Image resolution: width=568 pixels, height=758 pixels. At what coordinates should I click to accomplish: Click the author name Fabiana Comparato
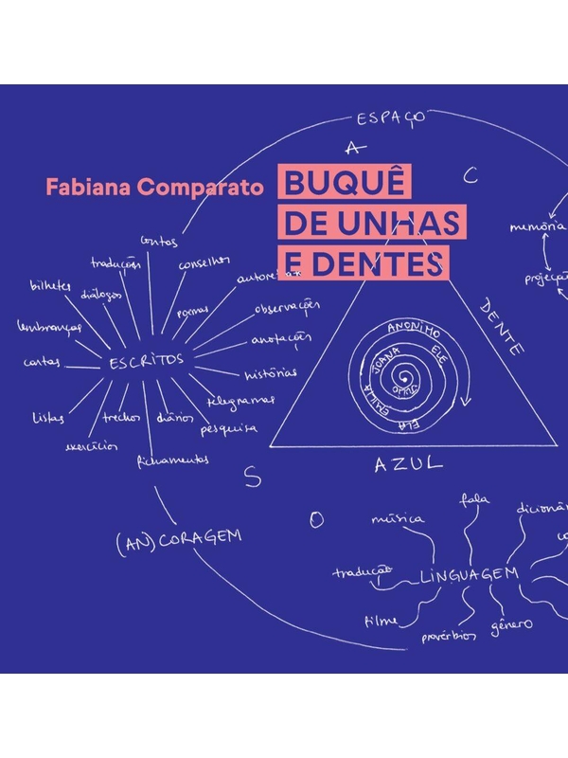click(156, 186)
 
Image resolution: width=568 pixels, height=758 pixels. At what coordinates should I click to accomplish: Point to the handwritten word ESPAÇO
click(390, 118)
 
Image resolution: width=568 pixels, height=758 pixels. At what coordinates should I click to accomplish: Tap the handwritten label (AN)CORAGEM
click(180, 538)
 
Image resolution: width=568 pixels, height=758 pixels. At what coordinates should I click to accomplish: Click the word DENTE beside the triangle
click(503, 326)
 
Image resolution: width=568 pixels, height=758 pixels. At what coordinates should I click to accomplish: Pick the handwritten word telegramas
click(242, 401)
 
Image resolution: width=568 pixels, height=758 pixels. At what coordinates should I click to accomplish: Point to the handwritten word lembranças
click(49, 327)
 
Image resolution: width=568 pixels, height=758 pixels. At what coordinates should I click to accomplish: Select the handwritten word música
click(398, 518)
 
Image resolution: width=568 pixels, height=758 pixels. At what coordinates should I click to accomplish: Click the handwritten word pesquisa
click(228, 428)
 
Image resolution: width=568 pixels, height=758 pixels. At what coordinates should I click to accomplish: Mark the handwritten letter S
click(252, 478)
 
